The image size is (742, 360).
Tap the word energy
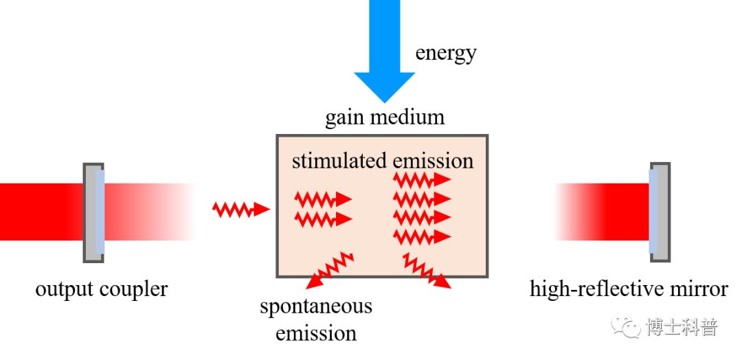click(x=446, y=53)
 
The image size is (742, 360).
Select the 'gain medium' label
click(x=385, y=117)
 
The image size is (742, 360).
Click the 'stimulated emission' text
click(x=383, y=161)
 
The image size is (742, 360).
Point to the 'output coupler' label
click(x=101, y=289)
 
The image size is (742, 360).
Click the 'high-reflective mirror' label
click(x=629, y=289)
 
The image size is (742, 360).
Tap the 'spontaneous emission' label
click(x=316, y=319)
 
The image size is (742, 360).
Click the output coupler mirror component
click(x=94, y=212)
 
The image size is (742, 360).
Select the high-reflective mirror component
click(x=659, y=212)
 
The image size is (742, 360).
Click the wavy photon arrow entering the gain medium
click(x=241, y=209)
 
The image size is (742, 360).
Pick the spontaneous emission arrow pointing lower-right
click(x=427, y=270)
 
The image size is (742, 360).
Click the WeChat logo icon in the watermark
click(x=626, y=327)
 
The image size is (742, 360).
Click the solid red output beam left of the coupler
click(x=41, y=212)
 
